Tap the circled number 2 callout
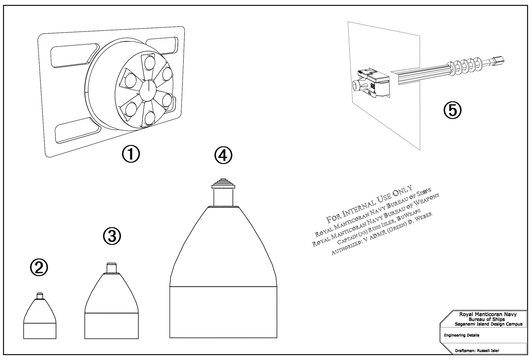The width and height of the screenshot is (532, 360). click(39, 267)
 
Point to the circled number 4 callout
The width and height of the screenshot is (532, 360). click(223, 156)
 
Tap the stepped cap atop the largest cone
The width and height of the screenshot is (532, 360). click(223, 183)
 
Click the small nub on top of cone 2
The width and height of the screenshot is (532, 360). click(40, 295)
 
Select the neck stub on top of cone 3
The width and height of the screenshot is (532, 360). click(111, 268)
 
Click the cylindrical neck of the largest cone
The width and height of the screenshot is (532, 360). click(223, 198)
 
